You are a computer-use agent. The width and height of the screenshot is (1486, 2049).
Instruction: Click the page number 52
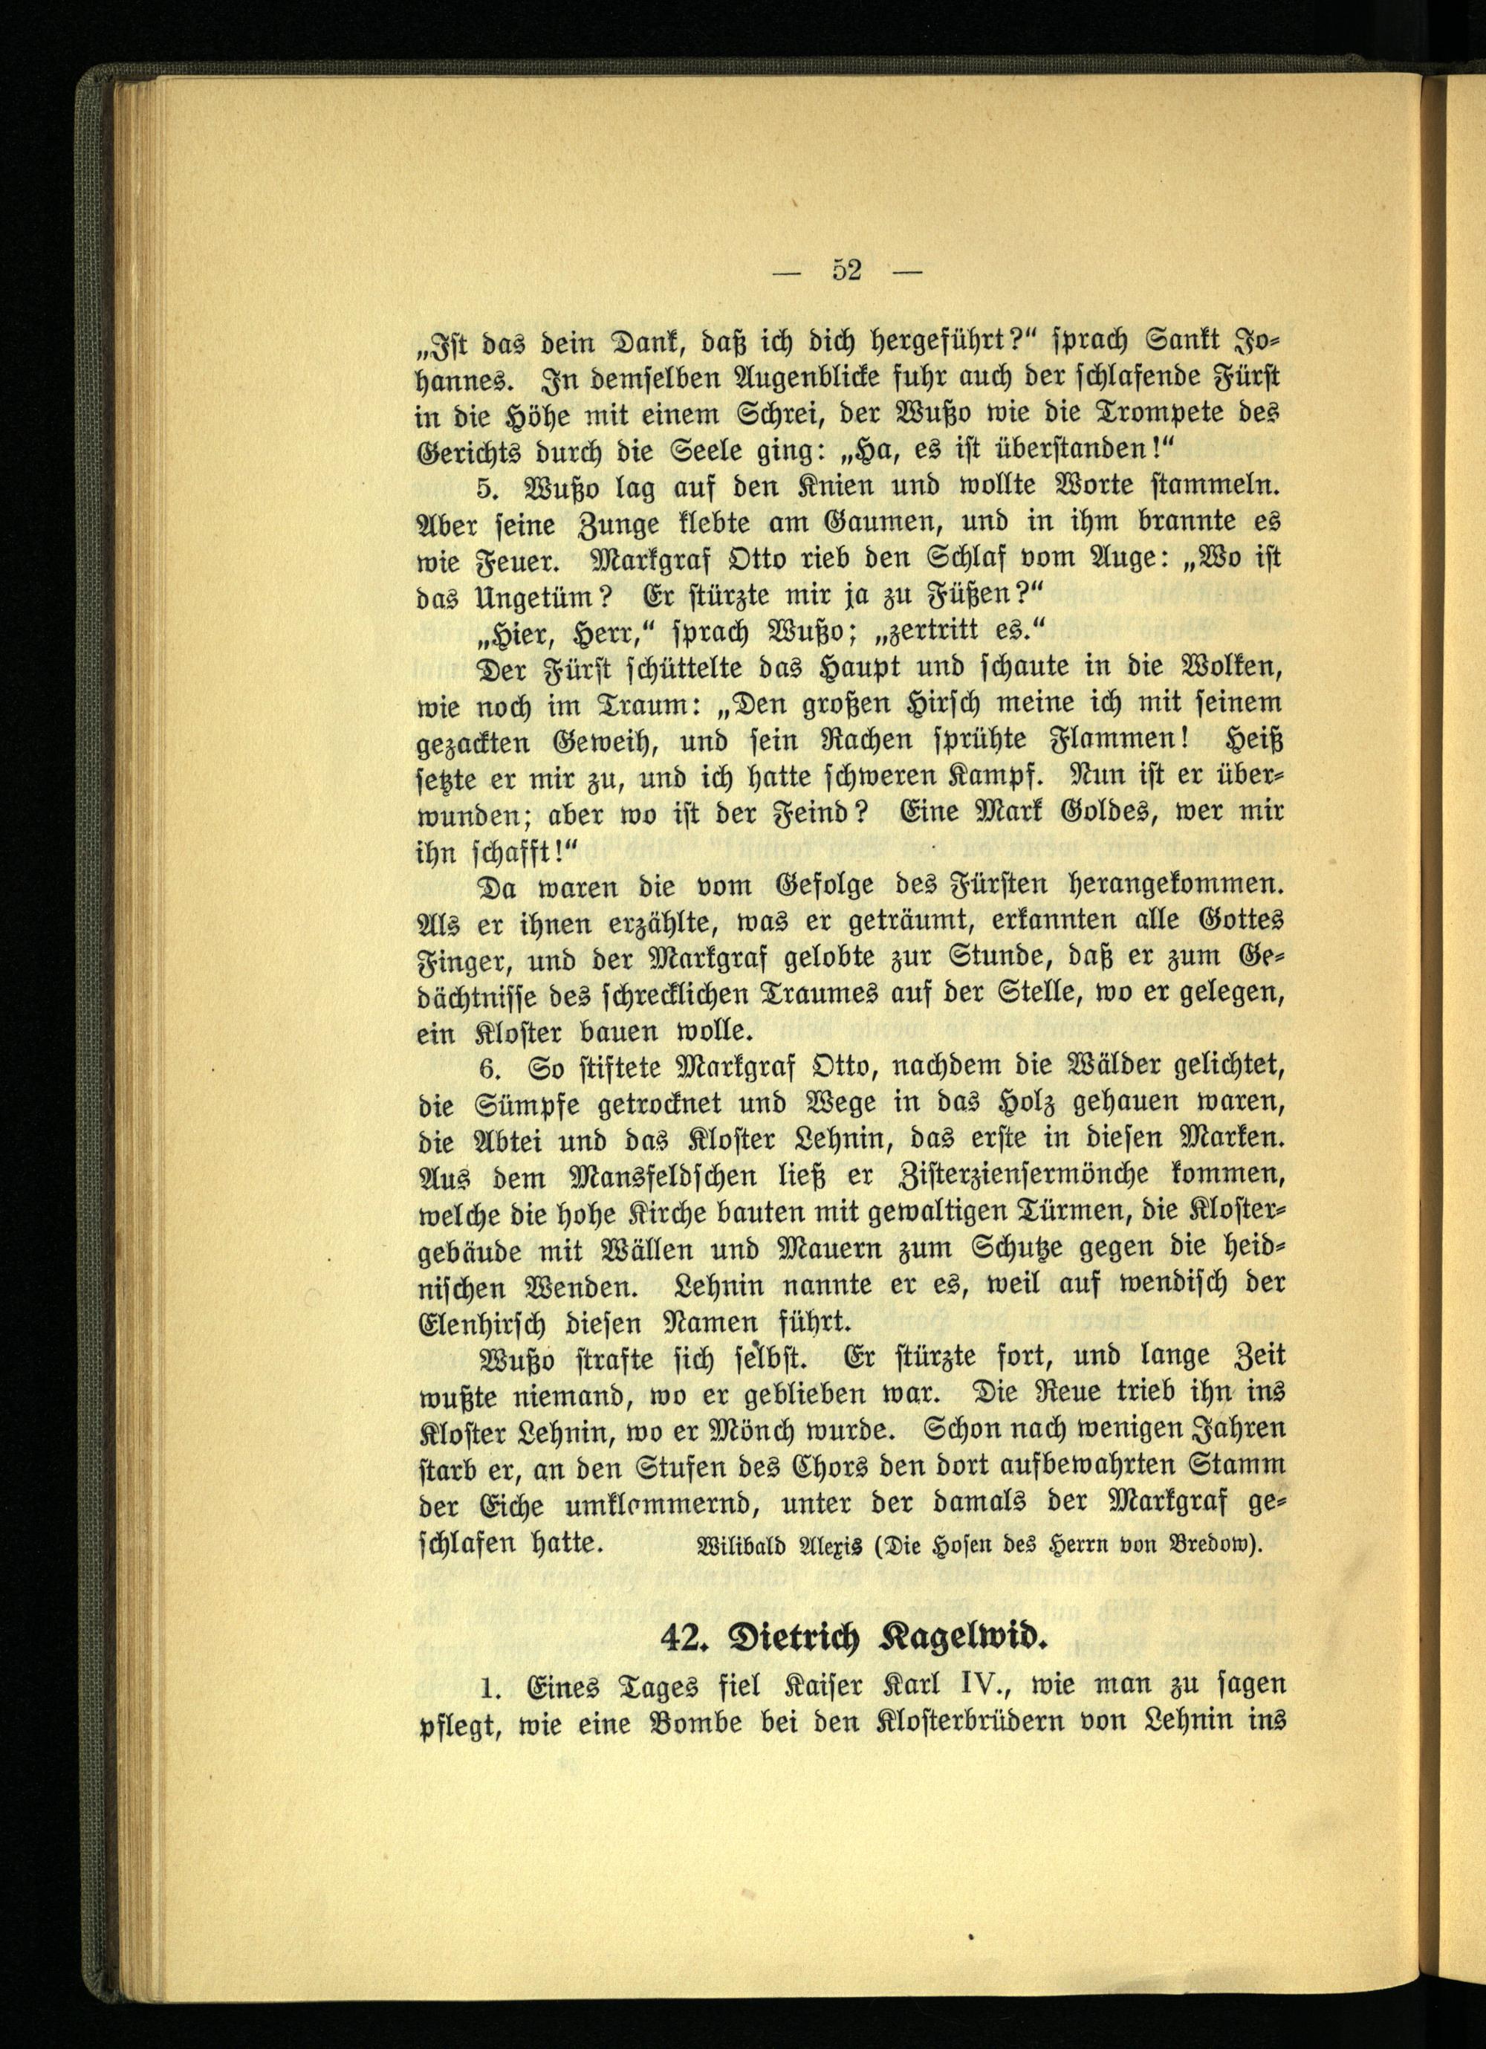(x=846, y=270)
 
